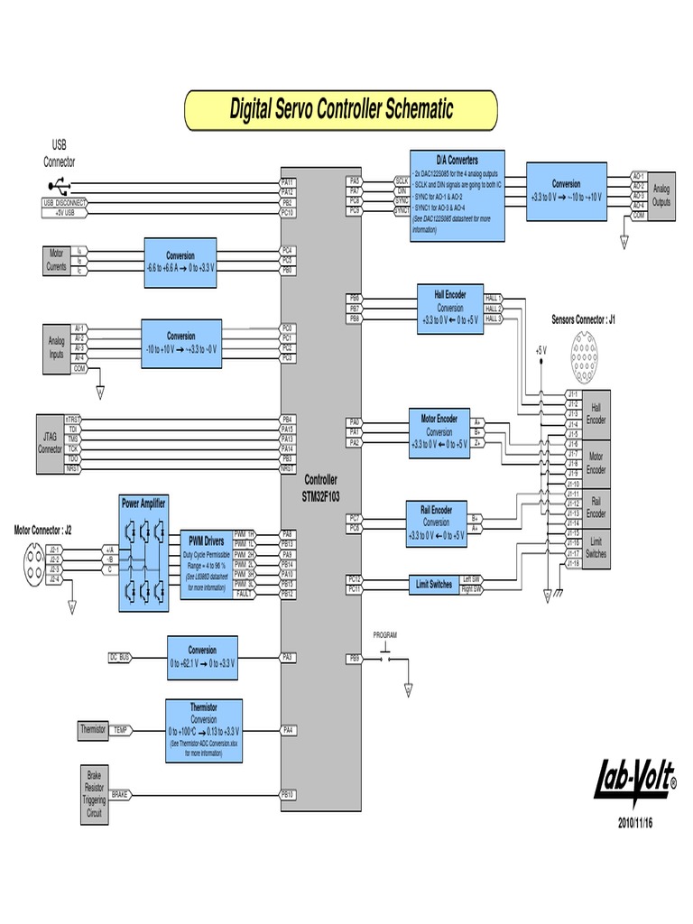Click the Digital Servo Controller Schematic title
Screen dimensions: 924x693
[340, 110]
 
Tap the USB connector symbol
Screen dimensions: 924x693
[55, 187]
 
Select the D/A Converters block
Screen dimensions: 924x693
[457, 196]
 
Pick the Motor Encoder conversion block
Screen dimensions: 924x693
[439, 432]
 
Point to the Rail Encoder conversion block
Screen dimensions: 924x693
[437, 522]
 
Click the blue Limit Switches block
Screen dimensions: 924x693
[435, 585]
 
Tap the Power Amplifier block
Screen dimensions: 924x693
[143, 552]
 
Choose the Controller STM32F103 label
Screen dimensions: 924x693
[320, 488]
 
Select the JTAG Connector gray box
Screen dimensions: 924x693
[49, 444]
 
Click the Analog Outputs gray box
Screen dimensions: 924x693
[661, 196]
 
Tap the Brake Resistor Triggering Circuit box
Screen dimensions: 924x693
[94, 794]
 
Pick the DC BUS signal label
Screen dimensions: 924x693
[120, 658]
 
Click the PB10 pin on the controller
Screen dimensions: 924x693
[288, 794]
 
